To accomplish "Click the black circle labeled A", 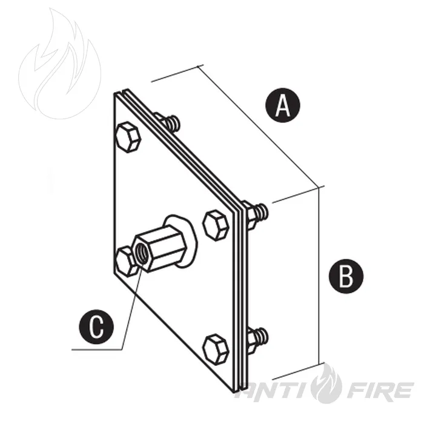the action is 283,105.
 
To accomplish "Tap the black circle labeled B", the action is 346,276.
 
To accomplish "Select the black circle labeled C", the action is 96,326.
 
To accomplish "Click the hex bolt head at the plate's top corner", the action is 128,137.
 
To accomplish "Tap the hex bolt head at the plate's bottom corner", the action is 216,349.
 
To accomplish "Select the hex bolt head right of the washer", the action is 216,225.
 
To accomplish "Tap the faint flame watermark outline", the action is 60,63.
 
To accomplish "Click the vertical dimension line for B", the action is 320,276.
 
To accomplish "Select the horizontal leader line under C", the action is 96,349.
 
